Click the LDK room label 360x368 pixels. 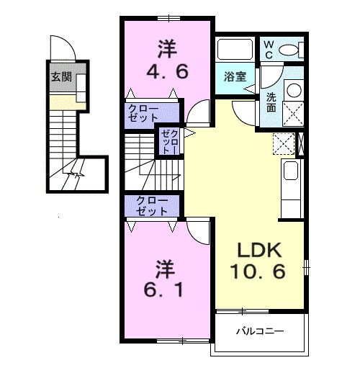point(261,253)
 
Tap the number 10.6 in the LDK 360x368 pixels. point(261,273)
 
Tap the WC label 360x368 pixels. point(268,48)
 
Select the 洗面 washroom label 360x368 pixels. point(271,102)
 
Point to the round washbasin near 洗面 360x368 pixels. point(293,91)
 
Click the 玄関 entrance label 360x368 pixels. point(61,77)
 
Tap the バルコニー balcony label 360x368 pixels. point(260,333)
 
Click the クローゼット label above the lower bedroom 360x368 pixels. point(152,207)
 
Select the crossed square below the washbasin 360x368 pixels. point(293,115)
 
